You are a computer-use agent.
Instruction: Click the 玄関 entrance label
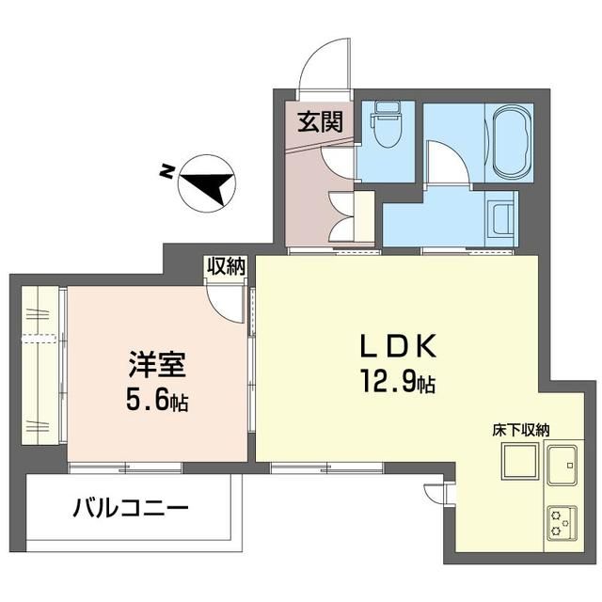pos(320,122)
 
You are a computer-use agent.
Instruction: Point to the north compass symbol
pos(207,182)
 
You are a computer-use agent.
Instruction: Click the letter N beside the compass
pos(166,171)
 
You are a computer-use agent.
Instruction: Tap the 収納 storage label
pos(226,265)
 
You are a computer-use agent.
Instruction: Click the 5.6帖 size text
pos(157,402)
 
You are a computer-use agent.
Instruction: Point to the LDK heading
pos(398,346)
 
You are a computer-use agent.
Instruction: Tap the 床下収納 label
pos(520,430)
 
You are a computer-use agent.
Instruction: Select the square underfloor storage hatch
pos(519,461)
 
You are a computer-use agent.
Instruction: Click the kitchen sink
pos(562,465)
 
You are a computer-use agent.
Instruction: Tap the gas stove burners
pos(562,523)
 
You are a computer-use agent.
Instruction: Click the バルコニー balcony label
pos(132,508)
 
